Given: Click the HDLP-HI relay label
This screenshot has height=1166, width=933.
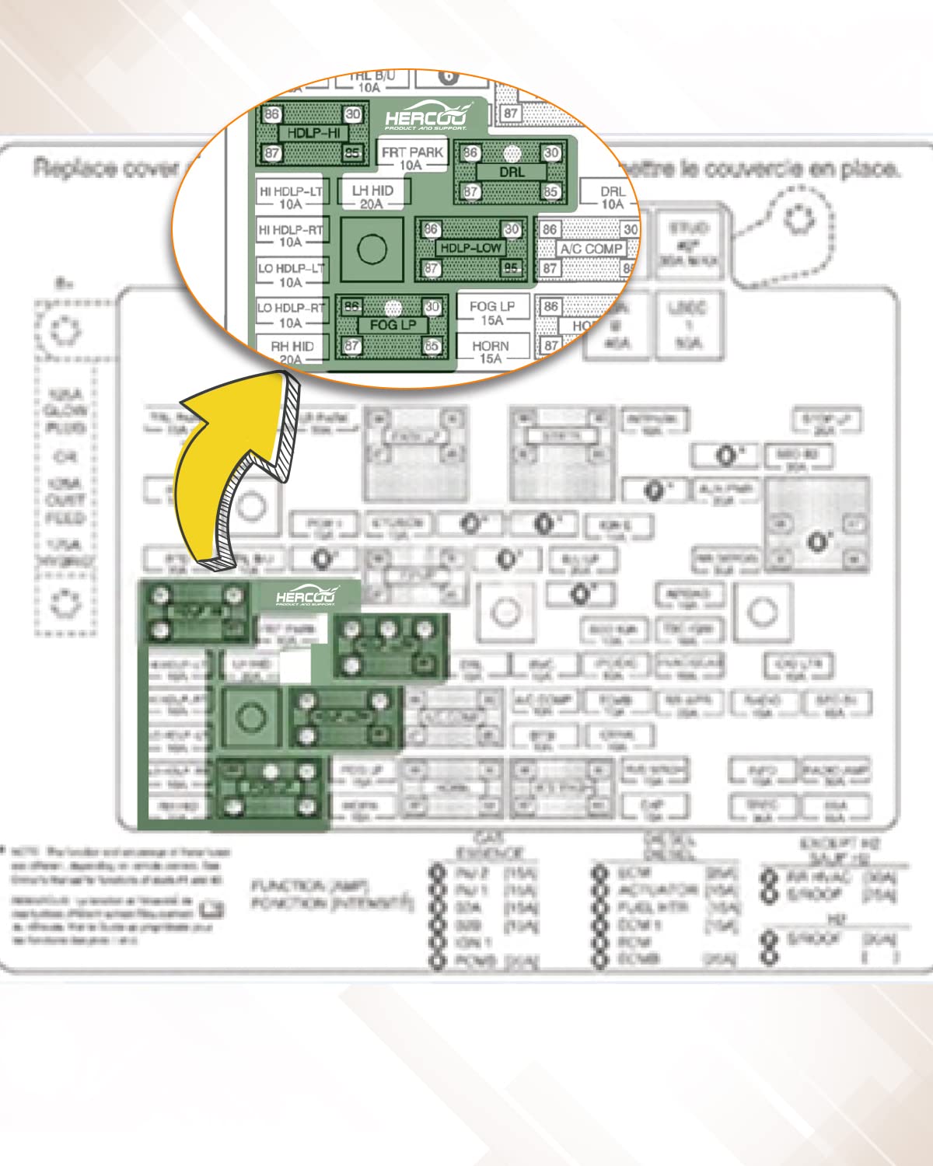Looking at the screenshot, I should click(313, 133).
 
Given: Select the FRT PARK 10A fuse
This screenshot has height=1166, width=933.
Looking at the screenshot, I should click(411, 159).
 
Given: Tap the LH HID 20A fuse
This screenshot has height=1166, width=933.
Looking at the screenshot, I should click(372, 197).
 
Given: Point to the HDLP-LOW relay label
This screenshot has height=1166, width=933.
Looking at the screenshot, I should click(470, 248).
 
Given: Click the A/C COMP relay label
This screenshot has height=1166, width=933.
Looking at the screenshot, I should click(592, 249).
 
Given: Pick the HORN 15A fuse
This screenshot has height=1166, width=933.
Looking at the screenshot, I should click(491, 351).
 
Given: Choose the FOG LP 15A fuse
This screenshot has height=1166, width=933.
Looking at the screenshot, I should click(491, 312).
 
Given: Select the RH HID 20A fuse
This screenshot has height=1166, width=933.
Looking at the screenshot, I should click(292, 352).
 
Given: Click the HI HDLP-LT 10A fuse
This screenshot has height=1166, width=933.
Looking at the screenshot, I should click(291, 197).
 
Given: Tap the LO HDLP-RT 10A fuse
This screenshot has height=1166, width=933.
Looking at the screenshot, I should click(291, 314).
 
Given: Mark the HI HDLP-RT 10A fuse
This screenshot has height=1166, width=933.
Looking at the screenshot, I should click(291, 236).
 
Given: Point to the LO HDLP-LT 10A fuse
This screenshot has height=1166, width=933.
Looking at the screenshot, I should click(291, 274).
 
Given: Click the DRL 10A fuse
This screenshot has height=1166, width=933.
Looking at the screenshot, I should click(613, 197).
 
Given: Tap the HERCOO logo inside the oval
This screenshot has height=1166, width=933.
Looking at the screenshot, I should click(427, 117).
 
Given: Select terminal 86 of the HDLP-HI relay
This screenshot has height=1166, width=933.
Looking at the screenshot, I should click(271, 114).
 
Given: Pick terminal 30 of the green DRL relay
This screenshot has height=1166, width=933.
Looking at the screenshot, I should click(551, 153).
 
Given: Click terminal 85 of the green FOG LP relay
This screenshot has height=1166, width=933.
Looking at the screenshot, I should click(432, 345).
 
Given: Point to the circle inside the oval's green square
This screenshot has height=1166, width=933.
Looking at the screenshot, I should click(372, 249).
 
